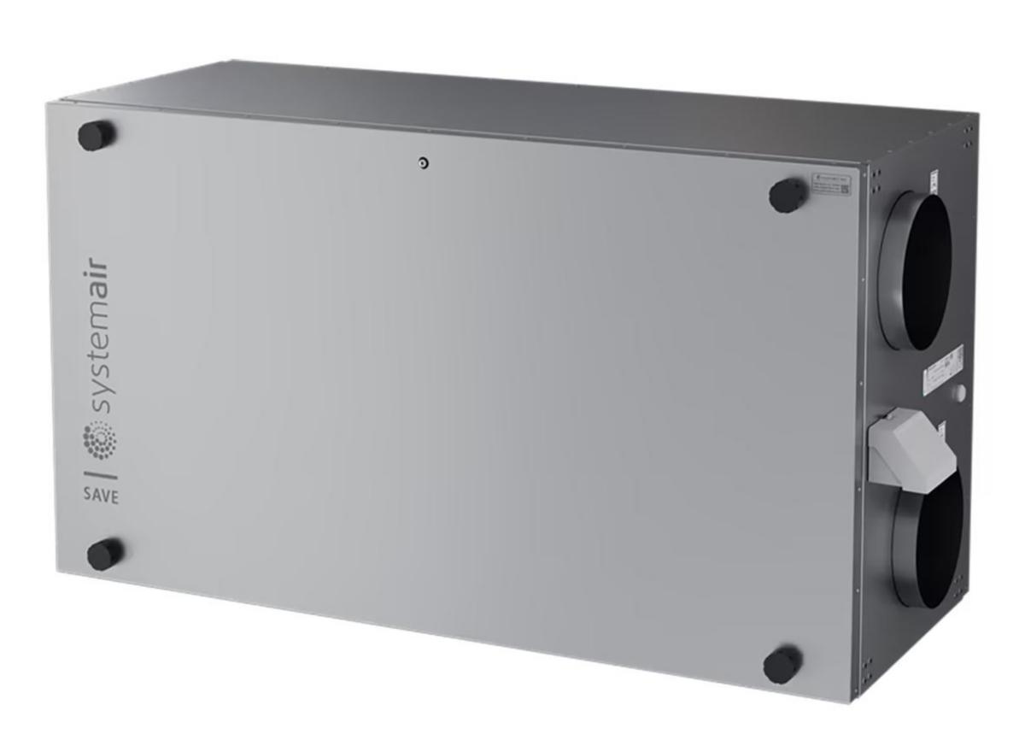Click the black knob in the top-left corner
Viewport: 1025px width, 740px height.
point(97,135)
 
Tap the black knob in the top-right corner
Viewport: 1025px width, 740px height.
point(788,196)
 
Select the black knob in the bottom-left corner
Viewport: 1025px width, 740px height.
point(105,555)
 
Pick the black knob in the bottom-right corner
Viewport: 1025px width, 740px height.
point(782,664)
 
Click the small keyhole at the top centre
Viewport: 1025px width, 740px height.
point(423,163)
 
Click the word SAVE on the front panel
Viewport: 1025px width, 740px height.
point(101,496)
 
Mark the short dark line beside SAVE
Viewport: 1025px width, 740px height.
point(100,472)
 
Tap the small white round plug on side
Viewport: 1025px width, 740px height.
point(958,393)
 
